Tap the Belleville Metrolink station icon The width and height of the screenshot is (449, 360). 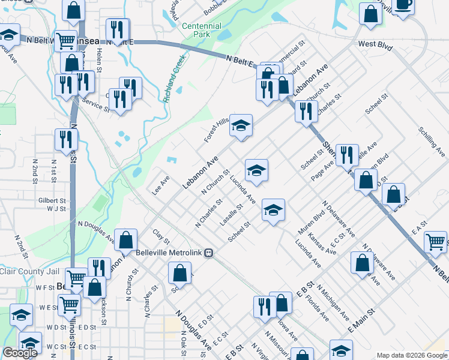point(208,253)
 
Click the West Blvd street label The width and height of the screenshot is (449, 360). point(375,44)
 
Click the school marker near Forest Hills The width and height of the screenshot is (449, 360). point(241,125)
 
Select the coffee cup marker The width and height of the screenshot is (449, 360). point(403,5)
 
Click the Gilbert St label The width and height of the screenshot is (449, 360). point(51,200)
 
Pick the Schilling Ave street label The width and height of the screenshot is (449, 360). point(432,142)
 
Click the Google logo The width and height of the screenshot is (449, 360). point(20,353)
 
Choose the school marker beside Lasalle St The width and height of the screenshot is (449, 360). point(273,210)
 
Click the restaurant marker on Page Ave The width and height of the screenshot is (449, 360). point(347,155)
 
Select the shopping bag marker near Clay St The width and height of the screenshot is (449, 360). point(126,241)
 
